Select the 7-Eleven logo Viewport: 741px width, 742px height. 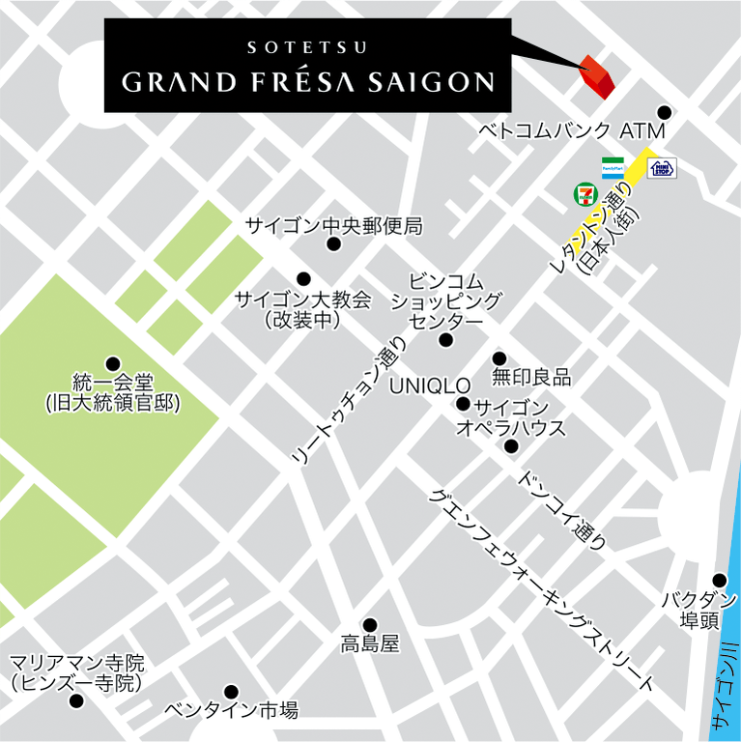pos(584,193)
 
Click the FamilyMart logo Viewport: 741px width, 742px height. pos(613,166)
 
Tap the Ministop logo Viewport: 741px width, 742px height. pos(663,168)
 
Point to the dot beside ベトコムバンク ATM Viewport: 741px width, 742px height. pos(663,112)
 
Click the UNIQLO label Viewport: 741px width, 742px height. pos(429,385)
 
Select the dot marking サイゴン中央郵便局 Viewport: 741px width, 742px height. pos(334,244)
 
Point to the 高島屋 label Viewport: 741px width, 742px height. pos(369,643)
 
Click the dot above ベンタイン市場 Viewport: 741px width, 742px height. pos(231,691)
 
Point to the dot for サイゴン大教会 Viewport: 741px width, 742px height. pos(303,278)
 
